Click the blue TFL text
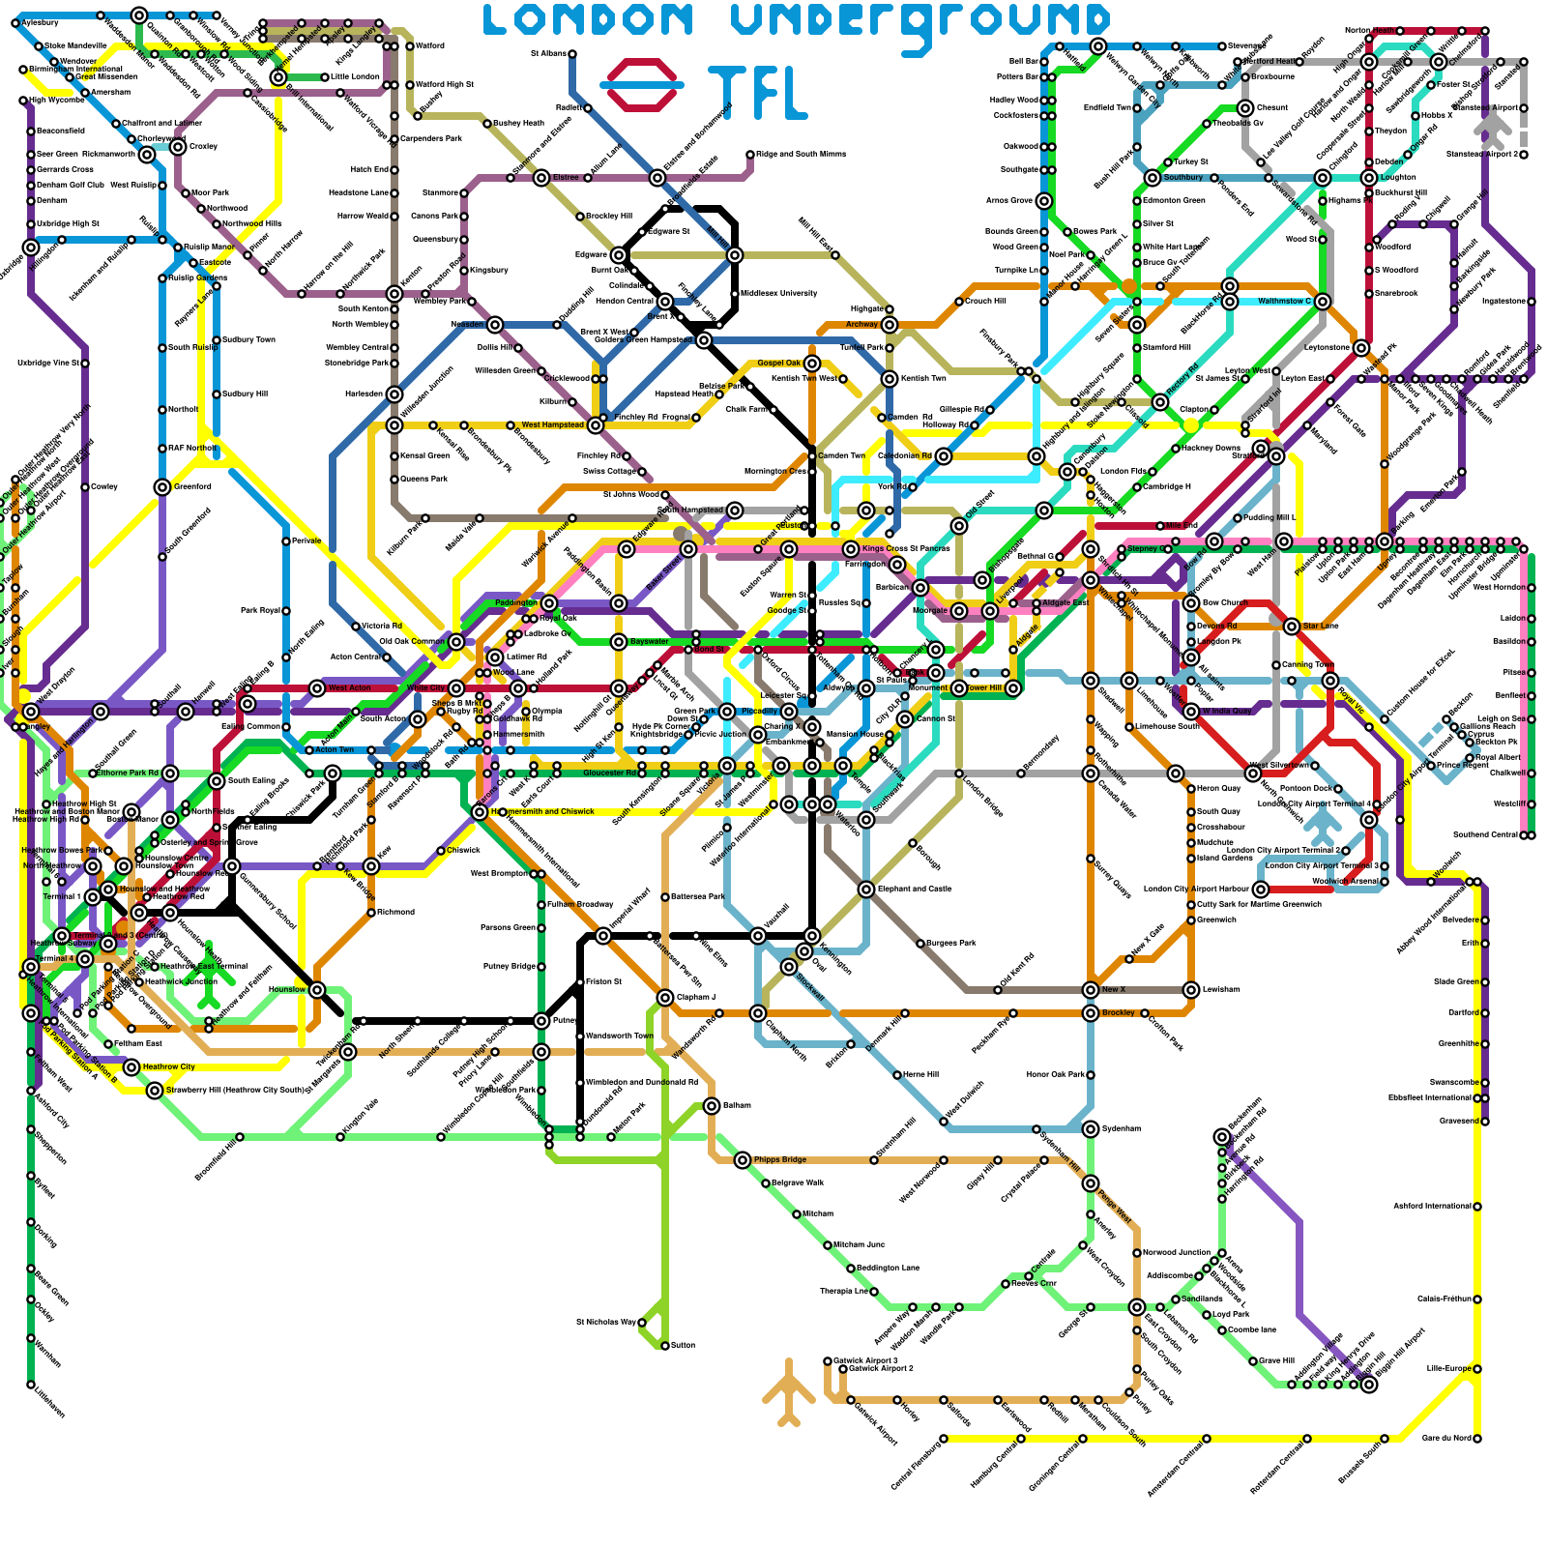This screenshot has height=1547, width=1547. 756,93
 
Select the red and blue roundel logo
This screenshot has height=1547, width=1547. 642,85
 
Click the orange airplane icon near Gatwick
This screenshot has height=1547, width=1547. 789,1393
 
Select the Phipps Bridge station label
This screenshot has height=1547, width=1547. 779,1159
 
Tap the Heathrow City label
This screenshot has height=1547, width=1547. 168,1066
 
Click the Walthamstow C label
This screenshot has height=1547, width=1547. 1284,301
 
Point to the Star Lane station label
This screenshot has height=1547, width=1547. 1320,627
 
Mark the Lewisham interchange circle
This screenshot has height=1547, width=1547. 1191,989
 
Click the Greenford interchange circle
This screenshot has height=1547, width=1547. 162,487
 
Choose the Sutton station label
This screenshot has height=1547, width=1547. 682,1345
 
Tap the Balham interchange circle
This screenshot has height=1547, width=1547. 712,1105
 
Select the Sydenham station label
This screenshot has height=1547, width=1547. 1120,1128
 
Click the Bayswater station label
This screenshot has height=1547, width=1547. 649,641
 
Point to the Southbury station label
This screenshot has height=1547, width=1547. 1183,178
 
